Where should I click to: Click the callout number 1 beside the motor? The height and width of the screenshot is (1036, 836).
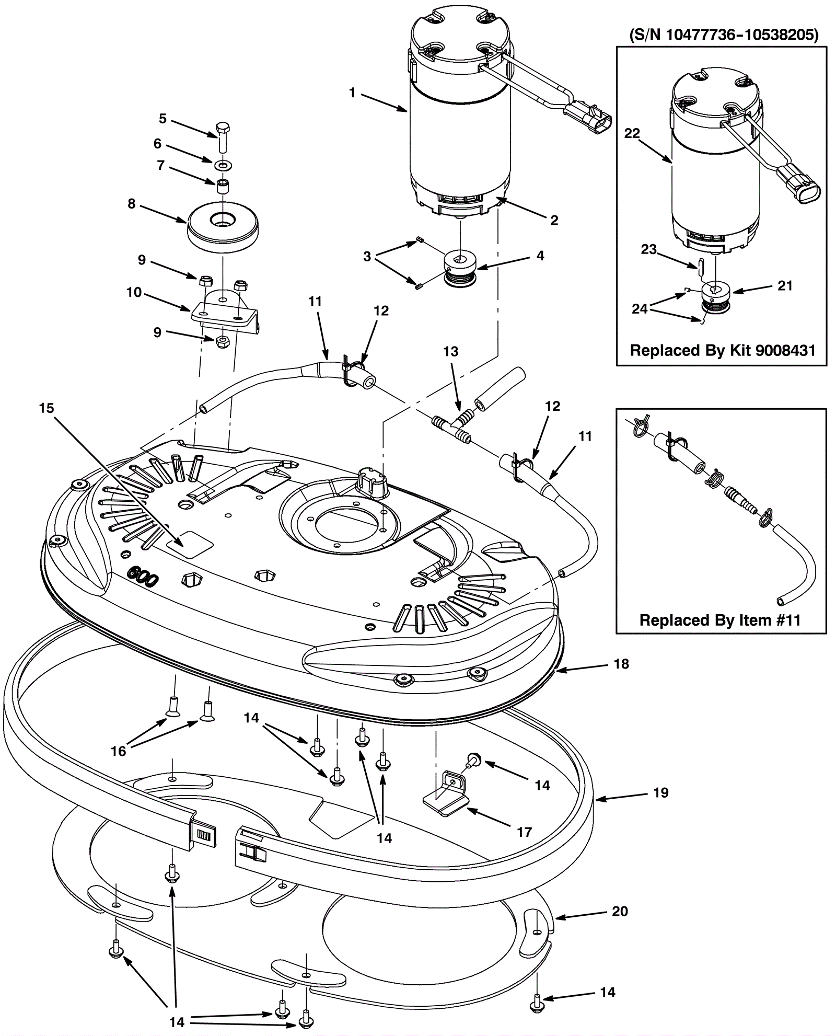tap(352, 93)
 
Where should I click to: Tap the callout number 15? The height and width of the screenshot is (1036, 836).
tap(47, 408)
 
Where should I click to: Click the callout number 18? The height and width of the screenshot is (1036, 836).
tap(621, 664)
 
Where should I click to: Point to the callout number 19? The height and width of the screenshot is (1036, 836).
tap(661, 793)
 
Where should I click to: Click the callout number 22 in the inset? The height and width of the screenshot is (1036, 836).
tap(632, 134)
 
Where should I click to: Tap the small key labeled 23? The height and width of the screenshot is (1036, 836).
tap(700, 267)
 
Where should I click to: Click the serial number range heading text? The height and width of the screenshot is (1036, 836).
tap(724, 35)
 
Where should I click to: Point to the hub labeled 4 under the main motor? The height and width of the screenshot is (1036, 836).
tap(460, 267)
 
